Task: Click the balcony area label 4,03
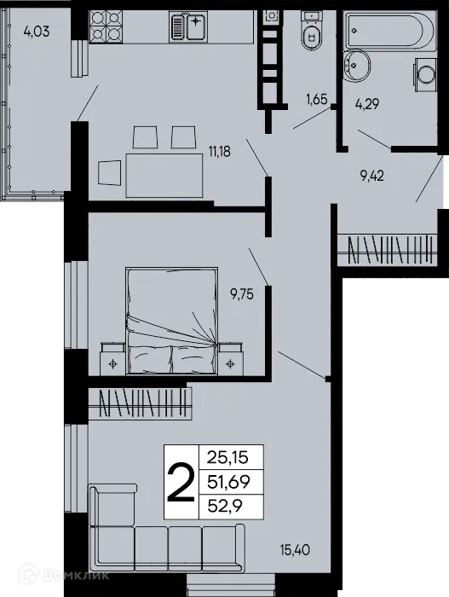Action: click(36, 33)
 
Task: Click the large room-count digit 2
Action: click(179, 482)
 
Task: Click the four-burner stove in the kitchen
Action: click(105, 27)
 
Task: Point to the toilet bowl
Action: click(312, 33)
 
